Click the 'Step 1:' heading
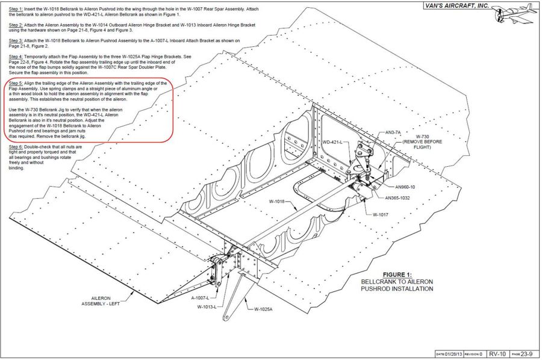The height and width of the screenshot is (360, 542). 16,9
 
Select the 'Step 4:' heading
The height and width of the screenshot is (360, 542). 16,57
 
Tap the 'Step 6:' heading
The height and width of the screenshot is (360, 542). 16,147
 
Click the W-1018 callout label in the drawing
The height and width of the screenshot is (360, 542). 276,202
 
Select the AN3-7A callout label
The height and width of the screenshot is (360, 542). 393,132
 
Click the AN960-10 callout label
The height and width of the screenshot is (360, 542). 405,187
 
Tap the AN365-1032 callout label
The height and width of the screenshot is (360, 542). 397,198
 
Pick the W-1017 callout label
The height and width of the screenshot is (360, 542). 381,214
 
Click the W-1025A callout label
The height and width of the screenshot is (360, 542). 263,309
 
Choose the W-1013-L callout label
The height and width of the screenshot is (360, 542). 207,307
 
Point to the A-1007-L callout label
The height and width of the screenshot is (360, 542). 200,298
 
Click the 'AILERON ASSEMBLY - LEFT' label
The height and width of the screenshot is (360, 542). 101,301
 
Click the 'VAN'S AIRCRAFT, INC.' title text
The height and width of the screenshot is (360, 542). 456,5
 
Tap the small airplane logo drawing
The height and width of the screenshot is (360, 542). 515,14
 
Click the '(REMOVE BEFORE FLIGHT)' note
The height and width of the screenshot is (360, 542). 422,144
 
